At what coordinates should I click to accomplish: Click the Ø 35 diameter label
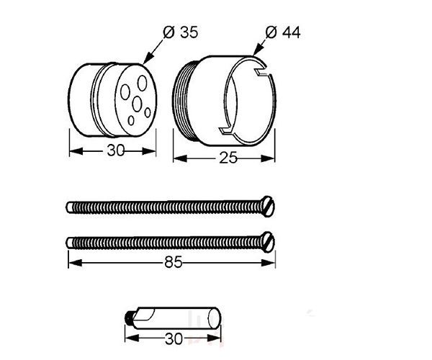[181, 32]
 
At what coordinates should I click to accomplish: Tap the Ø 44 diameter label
[283, 32]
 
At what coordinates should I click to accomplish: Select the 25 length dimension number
[228, 158]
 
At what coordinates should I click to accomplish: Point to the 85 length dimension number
[174, 262]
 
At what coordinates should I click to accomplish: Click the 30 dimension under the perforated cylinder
[116, 150]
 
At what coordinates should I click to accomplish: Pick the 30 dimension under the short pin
[174, 339]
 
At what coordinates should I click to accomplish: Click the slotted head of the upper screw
[268, 207]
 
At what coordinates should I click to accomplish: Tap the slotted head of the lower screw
[268, 242]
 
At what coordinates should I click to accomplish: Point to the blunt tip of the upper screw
[69, 207]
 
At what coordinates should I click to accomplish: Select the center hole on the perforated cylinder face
[137, 104]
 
